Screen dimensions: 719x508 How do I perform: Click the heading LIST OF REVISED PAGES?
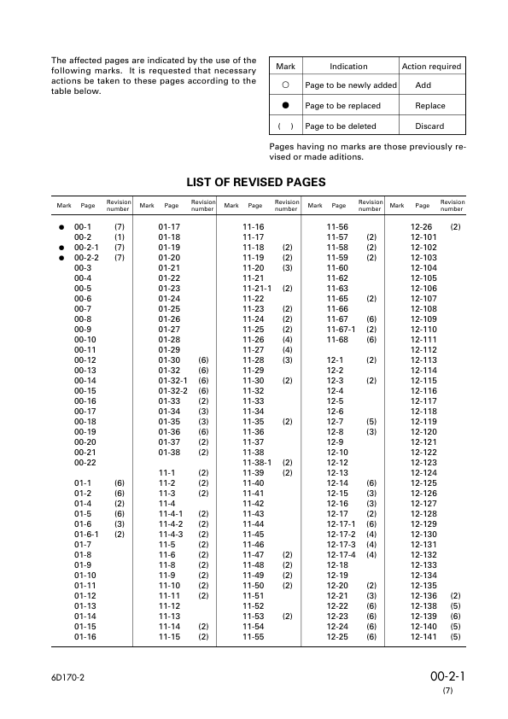[255, 182]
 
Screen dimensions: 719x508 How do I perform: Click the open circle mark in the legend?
[286, 85]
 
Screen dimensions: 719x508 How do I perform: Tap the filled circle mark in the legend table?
[286, 106]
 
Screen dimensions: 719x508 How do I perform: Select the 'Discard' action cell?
[429, 126]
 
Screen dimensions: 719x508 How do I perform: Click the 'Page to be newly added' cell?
[350, 85]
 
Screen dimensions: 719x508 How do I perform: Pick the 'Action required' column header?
[431, 66]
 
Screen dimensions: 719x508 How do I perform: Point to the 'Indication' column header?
[348, 66]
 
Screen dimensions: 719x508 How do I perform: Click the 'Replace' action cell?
[429, 106]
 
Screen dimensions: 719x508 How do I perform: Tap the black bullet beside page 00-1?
[62, 226]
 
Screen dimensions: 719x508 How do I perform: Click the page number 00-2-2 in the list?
[87, 257]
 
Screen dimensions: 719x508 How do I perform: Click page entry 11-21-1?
[257, 288]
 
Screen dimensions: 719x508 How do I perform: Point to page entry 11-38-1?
[257, 462]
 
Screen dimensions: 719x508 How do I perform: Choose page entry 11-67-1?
[341, 329]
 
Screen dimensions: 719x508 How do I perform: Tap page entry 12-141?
[423, 636]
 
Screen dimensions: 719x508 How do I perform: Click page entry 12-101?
[423, 237]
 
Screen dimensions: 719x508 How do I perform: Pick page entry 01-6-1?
[87, 534]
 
